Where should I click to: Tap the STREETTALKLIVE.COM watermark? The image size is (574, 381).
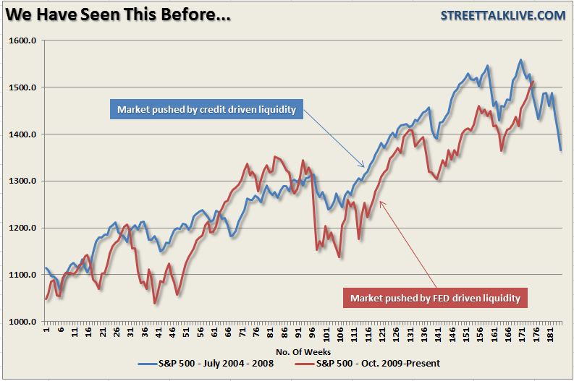point(503,16)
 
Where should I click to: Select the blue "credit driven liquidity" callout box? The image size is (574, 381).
point(206,110)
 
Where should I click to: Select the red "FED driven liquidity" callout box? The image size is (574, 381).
point(435,297)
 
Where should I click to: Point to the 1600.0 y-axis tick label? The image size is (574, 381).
point(22,41)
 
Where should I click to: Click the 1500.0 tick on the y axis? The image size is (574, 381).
point(22,88)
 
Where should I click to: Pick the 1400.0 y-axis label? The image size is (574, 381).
point(22,135)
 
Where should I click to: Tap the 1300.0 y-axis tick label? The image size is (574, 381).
point(22,181)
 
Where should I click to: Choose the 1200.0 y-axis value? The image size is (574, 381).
point(22,228)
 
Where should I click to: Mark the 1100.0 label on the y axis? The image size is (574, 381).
point(22,275)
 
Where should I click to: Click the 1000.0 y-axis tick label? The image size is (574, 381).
point(22,322)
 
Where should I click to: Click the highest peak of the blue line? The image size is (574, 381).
point(520,60)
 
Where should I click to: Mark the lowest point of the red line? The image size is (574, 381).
point(154,303)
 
